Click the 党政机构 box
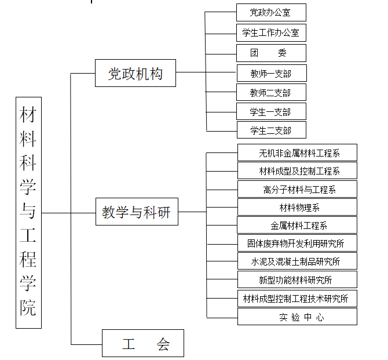[x=136, y=73]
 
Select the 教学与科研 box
[x=137, y=212]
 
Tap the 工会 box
[x=143, y=343]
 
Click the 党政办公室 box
[x=271, y=12]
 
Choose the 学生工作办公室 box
[x=271, y=32]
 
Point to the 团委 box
[x=271, y=53]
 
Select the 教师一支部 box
[x=272, y=73]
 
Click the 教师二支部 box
[x=271, y=92]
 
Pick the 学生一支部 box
[x=271, y=111]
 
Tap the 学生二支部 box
[x=272, y=130]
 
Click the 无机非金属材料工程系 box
[x=297, y=152]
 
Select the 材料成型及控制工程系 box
[x=297, y=170]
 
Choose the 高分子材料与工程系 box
[x=297, y=189]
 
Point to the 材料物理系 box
[x=297, y=207]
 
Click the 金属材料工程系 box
[x=297, y=225]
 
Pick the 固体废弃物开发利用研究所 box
[x=297, y=243]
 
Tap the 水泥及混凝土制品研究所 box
[x=297, y=261]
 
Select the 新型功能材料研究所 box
[x=297, y=279]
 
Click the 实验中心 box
[x=297, y=317]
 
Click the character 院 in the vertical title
[x=28, y=307]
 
